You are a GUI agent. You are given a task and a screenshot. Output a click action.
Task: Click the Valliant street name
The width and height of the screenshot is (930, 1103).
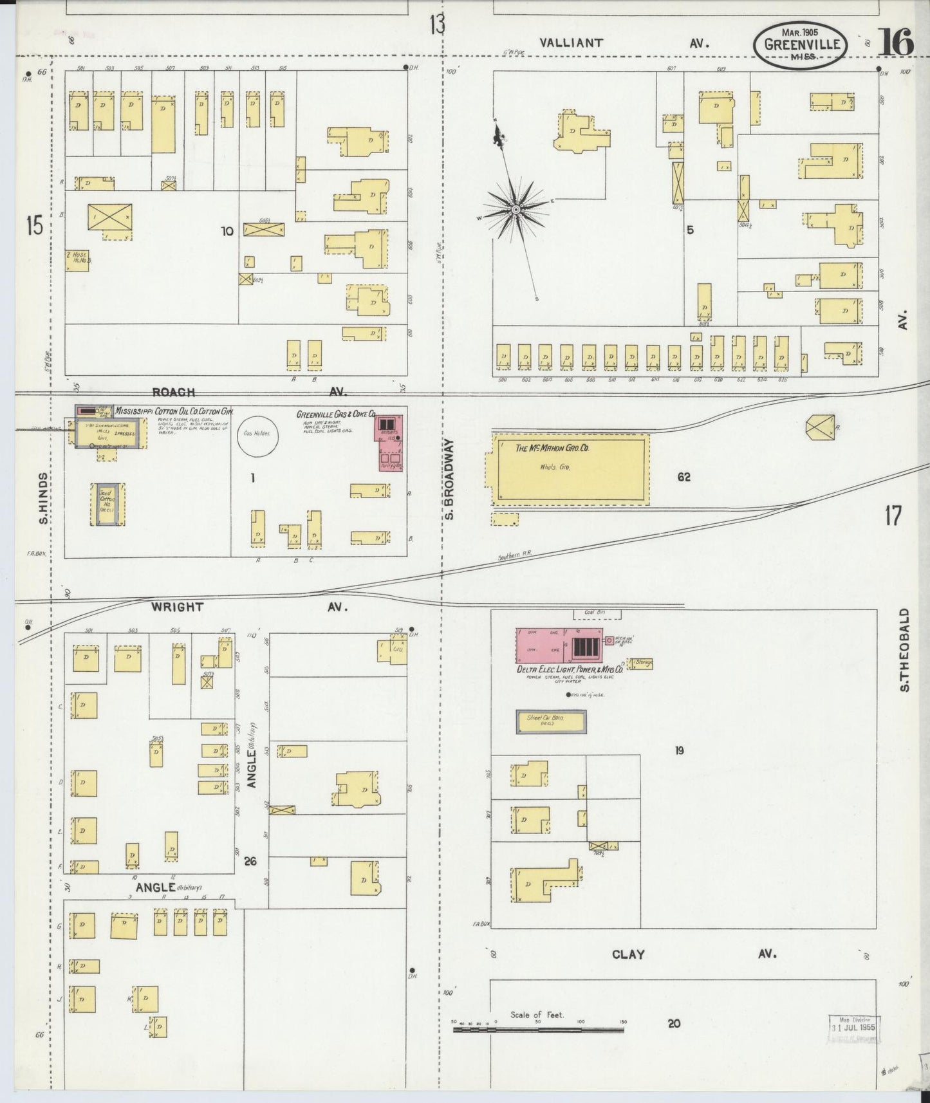click(572, 43)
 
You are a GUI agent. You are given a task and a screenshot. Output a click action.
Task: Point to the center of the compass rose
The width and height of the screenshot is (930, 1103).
click(516, 210)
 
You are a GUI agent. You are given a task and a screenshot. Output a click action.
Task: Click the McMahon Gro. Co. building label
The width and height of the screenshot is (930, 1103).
click(552, 449)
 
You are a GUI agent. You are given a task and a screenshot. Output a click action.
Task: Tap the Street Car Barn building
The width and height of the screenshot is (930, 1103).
click(551, 721)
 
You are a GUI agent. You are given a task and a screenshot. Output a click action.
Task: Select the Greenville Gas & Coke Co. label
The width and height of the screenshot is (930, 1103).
click(335, 414)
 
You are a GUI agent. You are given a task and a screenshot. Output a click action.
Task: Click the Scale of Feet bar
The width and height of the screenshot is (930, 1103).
click(538, 1030)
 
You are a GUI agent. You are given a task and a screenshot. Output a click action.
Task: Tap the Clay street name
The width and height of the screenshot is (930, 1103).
click(628, 954)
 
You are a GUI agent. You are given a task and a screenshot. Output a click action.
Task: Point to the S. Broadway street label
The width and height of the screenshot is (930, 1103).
click(450, 479)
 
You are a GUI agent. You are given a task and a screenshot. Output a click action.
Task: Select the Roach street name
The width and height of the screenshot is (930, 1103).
click(174, 392)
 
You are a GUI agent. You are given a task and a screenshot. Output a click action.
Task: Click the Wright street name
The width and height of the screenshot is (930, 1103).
click(177, 607)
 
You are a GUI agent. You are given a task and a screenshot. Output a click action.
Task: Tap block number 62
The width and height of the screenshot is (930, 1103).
click(684, 477)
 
